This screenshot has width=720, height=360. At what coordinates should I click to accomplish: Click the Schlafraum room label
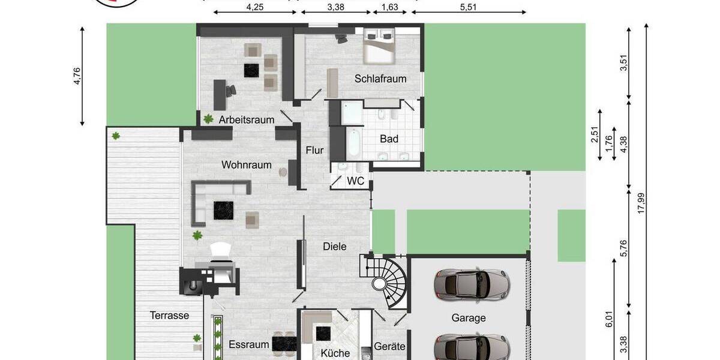380,79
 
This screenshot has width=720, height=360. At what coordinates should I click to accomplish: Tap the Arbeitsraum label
247,119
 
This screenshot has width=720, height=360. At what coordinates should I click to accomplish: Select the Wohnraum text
247,164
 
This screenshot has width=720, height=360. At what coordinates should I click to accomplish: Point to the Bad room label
389,139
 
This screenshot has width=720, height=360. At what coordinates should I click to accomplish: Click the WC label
356,180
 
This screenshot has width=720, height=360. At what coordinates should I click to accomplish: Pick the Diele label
335,246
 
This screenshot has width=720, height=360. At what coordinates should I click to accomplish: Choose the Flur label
315,150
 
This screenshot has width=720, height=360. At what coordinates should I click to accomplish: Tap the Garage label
469,318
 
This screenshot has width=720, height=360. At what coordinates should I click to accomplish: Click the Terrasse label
170,315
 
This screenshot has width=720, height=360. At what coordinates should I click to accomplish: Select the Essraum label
248,345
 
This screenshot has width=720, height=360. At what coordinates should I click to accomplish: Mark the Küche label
335,353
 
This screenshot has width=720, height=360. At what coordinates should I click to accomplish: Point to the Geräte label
390,347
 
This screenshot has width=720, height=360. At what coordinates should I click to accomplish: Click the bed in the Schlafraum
380,47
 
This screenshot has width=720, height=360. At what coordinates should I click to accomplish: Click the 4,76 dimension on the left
76,76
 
